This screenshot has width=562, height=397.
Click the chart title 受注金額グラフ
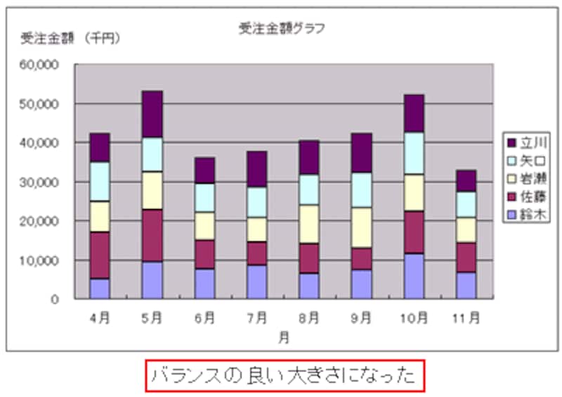281,29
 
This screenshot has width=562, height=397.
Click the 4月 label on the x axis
100,317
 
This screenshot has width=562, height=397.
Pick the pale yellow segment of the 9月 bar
361,227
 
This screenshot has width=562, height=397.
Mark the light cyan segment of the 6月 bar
204,197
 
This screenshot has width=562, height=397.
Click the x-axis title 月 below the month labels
282,338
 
